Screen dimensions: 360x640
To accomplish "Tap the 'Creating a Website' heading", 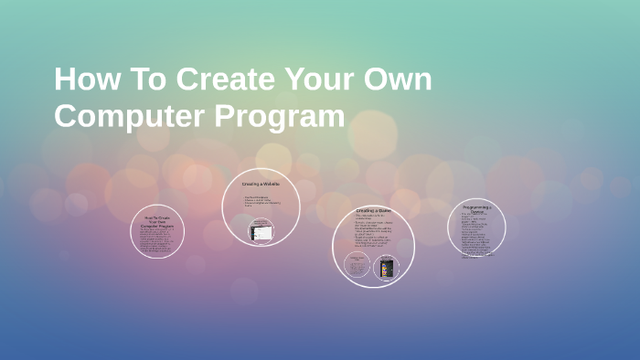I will (261, 184).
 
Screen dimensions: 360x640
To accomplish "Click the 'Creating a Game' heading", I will (373, 211).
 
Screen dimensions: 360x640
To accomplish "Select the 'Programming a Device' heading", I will (477, 210).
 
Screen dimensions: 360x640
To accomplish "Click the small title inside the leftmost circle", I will (156, 222).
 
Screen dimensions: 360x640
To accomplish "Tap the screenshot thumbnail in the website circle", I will (261, 232).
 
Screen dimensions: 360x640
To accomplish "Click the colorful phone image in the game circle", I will (388, 268).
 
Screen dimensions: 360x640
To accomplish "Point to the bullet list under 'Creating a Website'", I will (260, 201).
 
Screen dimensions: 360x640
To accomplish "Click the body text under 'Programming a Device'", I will (476, 236).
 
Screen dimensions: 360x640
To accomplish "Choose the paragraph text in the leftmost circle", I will (156, 240).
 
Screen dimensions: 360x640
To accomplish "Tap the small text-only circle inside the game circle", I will (357, 267).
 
